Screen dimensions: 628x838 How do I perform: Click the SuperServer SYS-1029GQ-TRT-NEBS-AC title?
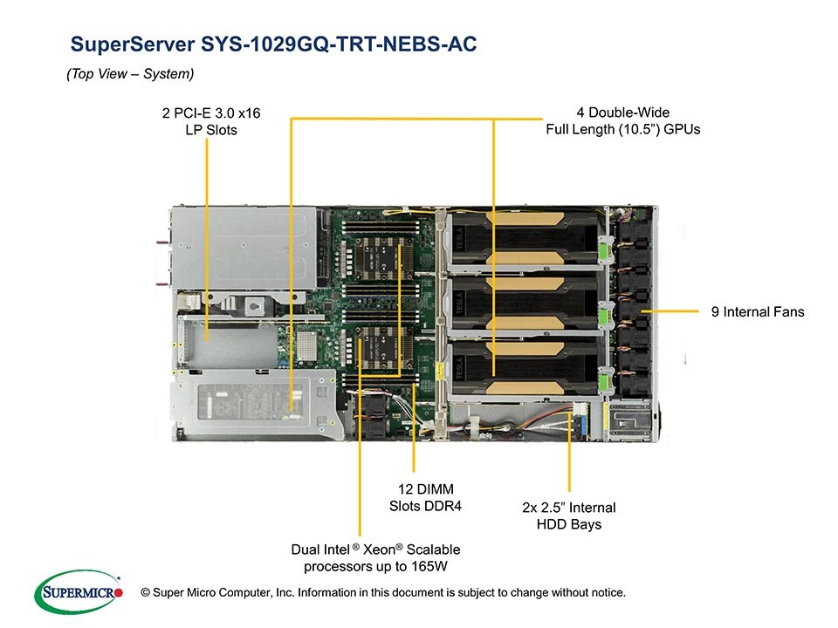[273, 44]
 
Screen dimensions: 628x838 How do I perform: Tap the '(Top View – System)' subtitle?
[130, 75]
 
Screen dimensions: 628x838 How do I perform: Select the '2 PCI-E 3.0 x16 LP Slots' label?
[211, 121]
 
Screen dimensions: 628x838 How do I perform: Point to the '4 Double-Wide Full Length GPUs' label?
[623, 120]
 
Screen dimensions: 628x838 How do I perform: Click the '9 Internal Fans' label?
[758, 311]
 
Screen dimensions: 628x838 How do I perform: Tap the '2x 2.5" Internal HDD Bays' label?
[568, 515]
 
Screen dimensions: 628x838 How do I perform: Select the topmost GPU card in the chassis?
[524, 240]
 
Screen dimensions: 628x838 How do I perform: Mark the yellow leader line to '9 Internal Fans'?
[672, 311]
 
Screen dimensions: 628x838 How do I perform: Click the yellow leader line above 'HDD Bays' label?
[569, 454]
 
